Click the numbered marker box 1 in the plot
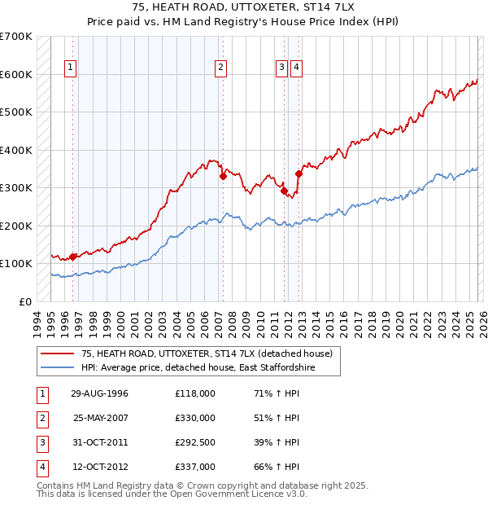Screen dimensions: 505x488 pos(72,68)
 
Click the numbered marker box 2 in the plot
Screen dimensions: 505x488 pos(221,68)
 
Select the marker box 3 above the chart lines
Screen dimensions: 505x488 pos(281,68)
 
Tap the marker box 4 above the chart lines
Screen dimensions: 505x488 pos(296,68)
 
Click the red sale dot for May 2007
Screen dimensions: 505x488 pos(222,174)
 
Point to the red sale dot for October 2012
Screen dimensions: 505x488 pos(298,173)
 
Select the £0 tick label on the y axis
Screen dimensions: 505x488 pos(25,301)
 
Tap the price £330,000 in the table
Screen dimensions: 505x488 pos(195,418)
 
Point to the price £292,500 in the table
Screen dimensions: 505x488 pos(195,442)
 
